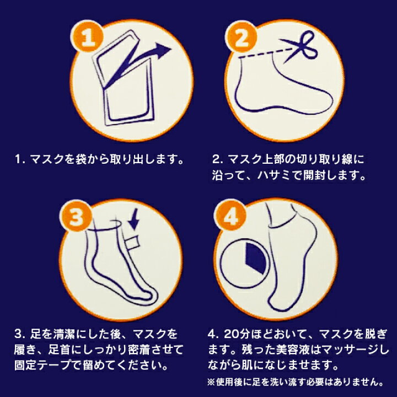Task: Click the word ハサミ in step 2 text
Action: tap(291, 176)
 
